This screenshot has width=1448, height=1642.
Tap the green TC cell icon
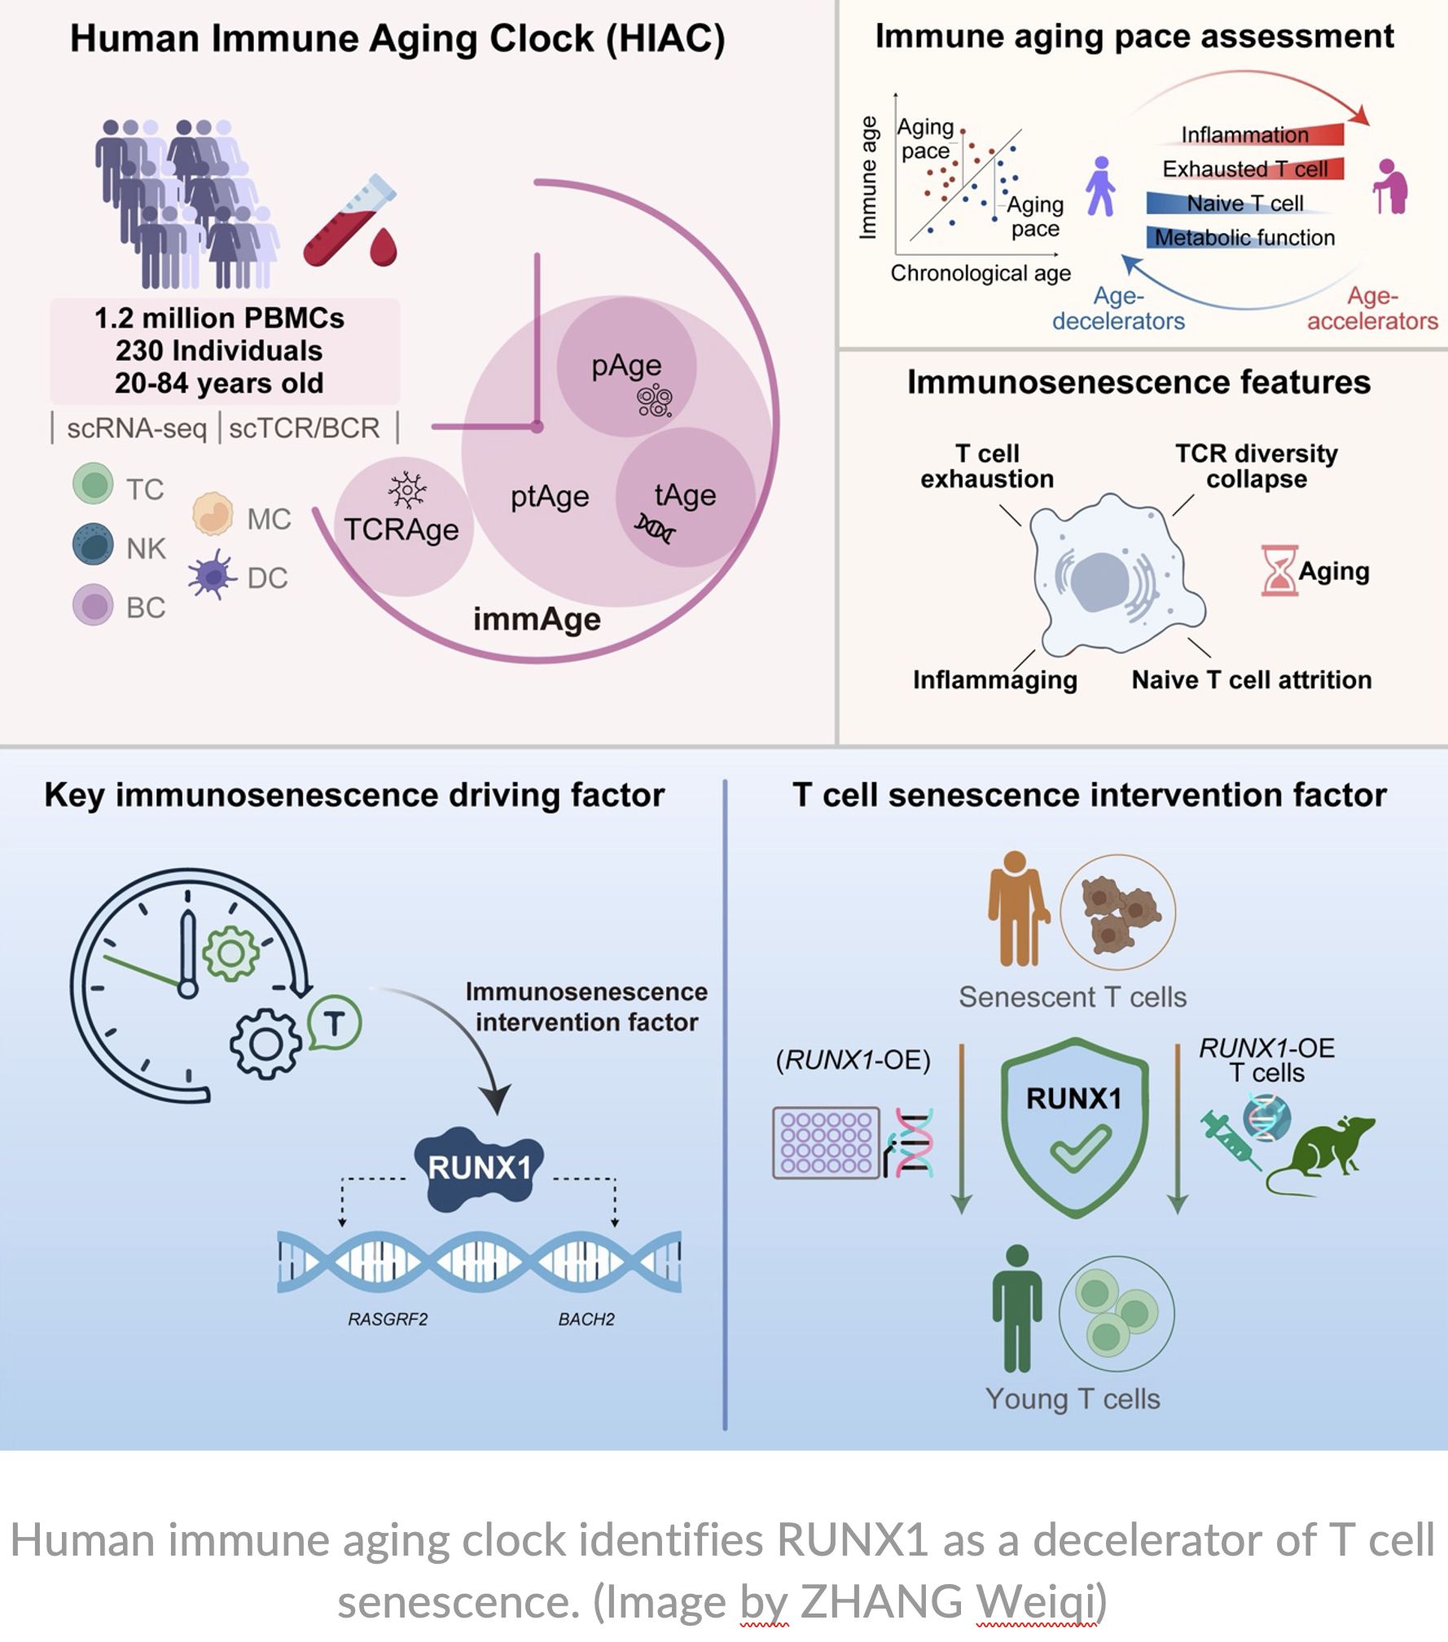93,483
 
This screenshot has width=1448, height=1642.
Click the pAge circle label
626,366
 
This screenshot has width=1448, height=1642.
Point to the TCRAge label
401,530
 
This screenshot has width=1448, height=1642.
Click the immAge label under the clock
537,620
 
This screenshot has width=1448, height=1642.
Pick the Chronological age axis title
981,273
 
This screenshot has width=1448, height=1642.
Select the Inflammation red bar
1259,134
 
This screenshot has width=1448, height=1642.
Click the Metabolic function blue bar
1243,237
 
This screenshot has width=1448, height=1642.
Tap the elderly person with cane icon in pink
1391,187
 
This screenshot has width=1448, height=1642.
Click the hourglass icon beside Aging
1278,570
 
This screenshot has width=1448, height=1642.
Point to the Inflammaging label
994,680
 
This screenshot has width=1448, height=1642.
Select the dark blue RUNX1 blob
478,1167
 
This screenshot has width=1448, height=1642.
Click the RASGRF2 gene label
388,1319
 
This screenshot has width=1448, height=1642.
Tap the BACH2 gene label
586,1319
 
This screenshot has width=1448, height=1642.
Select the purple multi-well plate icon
826,1143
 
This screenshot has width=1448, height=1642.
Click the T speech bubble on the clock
334,1023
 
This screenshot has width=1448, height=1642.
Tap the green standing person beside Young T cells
1016,1308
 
